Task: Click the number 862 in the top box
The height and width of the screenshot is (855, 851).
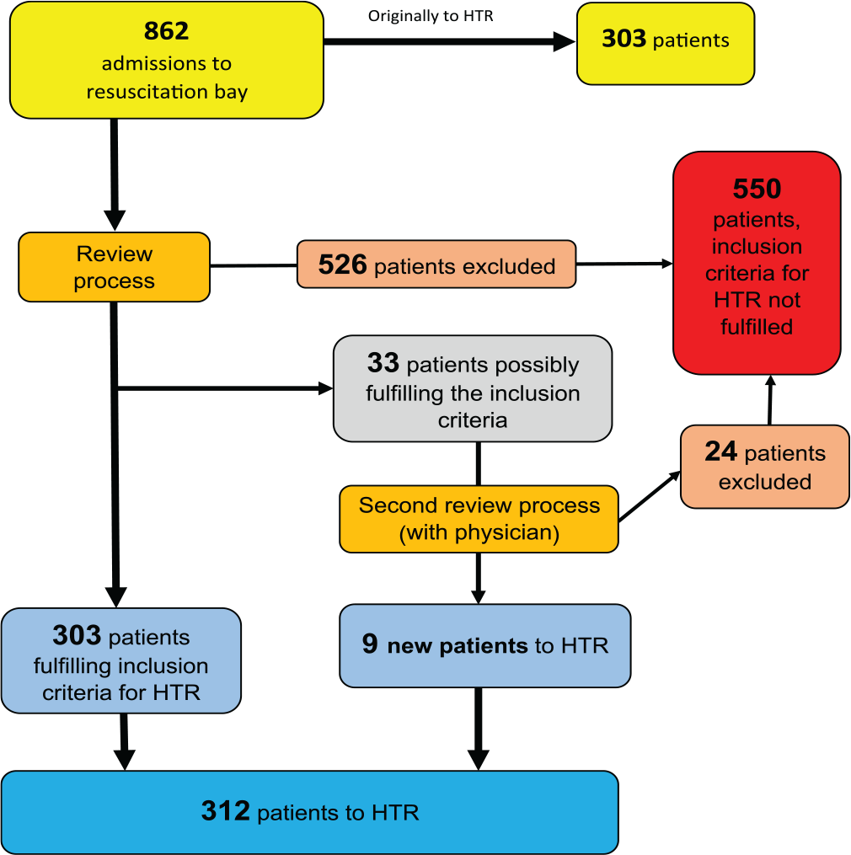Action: pos(166,31)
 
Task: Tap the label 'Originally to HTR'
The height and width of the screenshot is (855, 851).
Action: pos(431,16)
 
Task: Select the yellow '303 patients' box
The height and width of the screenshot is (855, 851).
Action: pos(666,44)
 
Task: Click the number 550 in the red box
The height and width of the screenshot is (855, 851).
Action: pos(757,189)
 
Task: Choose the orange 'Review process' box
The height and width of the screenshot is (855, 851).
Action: pos(114,267)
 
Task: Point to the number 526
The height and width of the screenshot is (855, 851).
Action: pos(343,265)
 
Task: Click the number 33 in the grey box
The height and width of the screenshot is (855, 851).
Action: pos(383,363)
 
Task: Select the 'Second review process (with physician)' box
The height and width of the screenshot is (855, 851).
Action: pos(479,519)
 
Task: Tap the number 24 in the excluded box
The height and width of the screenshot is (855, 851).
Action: pos(720,452)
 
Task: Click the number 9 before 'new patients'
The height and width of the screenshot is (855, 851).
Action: pos(370,644)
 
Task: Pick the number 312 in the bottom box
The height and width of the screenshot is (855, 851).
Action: pos(225,811)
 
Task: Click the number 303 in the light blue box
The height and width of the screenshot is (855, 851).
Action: pos(77,635)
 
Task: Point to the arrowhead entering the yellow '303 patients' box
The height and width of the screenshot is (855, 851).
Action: pos(565,41)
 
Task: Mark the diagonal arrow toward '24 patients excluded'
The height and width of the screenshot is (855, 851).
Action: pos(650,496)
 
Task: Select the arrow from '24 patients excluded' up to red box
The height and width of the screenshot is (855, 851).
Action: pos(770,399)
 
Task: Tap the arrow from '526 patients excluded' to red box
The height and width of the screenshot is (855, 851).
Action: pos(624,264)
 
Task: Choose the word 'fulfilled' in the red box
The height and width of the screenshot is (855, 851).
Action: pos(757,327)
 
